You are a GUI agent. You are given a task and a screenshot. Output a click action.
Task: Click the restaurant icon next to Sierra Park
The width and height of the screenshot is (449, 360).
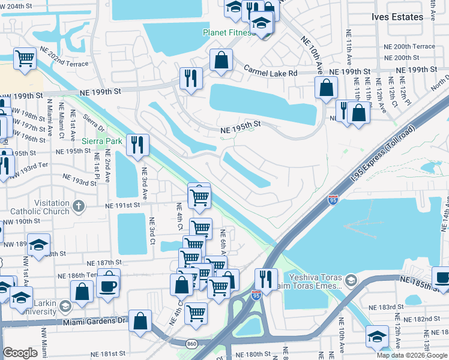[x=138, y=145]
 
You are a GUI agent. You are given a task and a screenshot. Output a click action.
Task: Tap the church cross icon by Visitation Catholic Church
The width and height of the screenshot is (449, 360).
[x=78, y=207]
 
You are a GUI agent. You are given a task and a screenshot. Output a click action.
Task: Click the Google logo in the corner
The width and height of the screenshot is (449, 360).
[x=20, y=353]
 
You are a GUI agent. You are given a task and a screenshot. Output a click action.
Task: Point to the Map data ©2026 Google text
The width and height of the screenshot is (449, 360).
[x=412, y=355]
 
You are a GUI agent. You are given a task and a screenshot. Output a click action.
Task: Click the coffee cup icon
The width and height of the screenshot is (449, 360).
[x=108, y=285]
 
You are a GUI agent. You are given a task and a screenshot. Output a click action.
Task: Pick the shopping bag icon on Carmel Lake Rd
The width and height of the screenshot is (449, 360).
[x=221, y=60]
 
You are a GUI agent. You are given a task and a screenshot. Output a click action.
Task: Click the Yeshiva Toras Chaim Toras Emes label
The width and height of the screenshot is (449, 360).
[x=312, y=283]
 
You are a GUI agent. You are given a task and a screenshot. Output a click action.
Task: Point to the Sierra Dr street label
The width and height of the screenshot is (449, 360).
[x=94, y=123]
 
